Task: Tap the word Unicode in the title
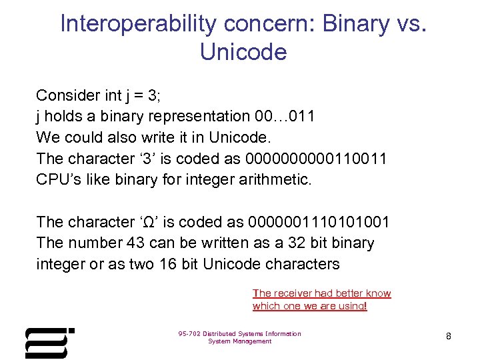tap(243, 52)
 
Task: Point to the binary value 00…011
tap(285, 116)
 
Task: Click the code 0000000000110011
tap(317, 159)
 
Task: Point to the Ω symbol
tap(149, 222)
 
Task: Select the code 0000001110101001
tap(319, 222)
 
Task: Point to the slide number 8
tap(449, 337)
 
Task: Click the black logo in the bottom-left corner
tap(49, 342)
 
